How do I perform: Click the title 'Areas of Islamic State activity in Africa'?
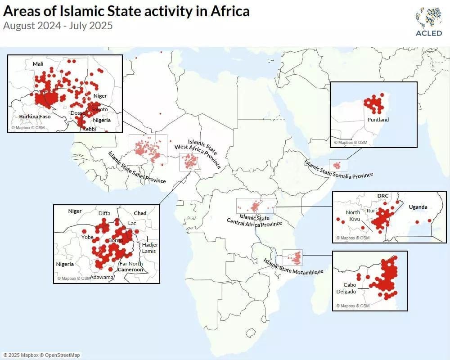pos(126,10)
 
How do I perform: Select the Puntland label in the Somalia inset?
pos(378,120)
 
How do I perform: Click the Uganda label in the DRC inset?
pos(418,207)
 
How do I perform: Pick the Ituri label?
pos(371,210)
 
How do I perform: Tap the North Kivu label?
pos(353,216)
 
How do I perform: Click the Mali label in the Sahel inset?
pos(38,64)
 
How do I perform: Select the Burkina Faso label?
pos(35,117)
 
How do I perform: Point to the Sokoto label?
pos(99,109)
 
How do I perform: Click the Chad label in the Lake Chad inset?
pos(140,213)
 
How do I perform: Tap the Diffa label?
pos(104,214)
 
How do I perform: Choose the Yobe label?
pos(87,237)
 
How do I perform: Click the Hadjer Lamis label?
pos(148,248)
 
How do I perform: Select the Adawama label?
pos(102,277)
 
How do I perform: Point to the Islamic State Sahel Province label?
pos(136,167)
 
